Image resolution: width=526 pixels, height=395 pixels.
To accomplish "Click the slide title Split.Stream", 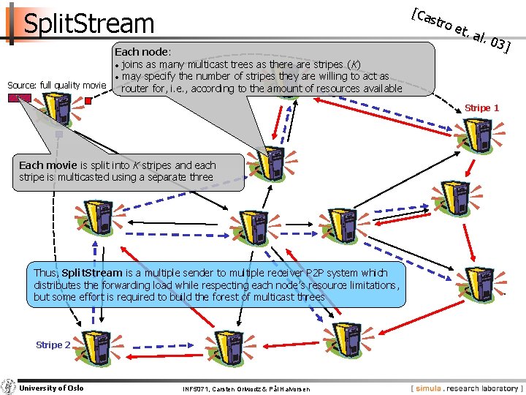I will [88, 24].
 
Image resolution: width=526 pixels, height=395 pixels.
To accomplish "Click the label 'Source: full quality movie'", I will [56, 86].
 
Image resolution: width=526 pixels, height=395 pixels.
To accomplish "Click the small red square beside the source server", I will [88, 100].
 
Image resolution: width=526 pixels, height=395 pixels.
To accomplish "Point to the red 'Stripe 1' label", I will [482, 108].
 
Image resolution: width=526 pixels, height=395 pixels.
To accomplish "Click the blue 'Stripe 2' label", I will [53, 345].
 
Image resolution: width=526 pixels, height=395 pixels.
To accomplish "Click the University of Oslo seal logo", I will [9, 387].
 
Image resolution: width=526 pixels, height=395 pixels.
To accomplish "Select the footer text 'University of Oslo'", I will [51, 388].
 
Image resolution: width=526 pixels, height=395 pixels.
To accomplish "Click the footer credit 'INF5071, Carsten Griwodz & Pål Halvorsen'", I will [246, 388].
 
